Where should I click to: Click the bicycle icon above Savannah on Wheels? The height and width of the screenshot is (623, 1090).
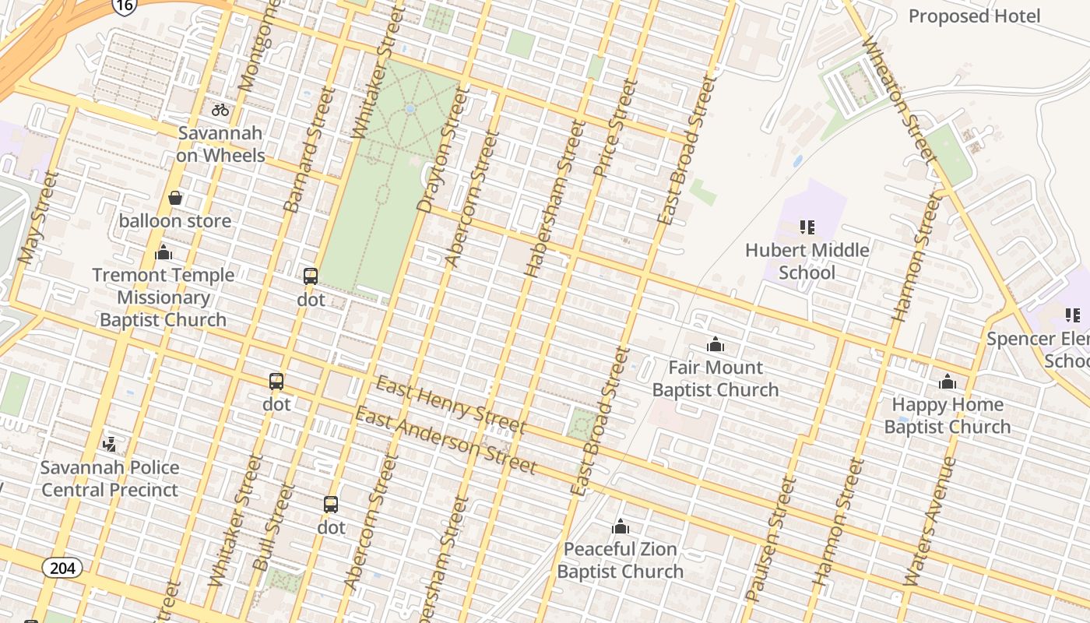click(220, 110)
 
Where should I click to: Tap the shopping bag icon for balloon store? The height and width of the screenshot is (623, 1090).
click(175, 198)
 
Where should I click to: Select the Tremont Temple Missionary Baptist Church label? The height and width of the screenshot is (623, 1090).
click(163, 297)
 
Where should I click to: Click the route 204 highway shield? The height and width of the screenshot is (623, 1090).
click(62, 568)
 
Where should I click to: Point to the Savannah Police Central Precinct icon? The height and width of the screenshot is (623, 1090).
click(110, 445)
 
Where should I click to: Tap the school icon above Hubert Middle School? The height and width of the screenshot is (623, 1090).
click(807, 227)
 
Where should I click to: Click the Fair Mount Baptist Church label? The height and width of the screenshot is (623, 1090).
click(716, 378)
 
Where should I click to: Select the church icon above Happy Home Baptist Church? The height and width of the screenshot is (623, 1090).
click(948, 382)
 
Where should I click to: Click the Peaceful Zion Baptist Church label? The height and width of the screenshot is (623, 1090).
click(621, 560)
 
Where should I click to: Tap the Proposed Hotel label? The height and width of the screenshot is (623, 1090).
click(974, 16)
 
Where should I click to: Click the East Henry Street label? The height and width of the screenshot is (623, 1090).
click(450, 404)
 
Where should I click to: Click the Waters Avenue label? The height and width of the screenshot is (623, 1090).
click(930, 521)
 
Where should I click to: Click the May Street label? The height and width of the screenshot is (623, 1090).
click(38, 217)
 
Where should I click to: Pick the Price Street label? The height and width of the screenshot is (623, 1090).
click(615, 127)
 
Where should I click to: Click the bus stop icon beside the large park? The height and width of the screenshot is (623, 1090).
click(311, 276)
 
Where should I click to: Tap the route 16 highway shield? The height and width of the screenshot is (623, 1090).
click(125, 5)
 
